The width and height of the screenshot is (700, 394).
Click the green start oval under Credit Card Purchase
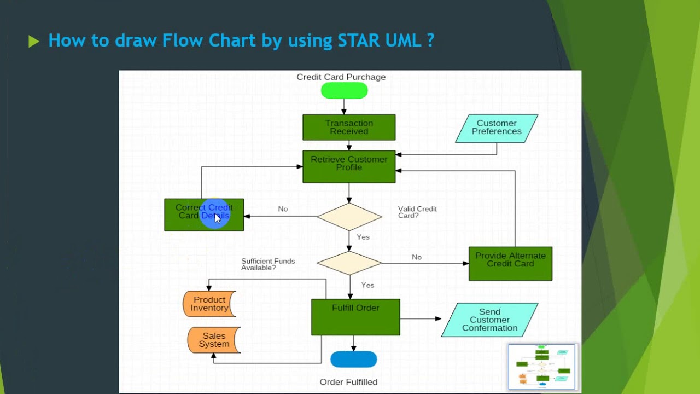pos(344,91)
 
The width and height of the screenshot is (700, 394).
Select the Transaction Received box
pos(349,128)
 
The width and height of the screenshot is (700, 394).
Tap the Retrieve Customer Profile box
pos(349,166)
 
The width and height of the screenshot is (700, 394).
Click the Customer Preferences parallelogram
pos(497,128)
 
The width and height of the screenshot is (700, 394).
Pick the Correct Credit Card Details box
pos(204,215)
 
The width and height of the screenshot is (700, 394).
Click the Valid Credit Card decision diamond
pos(349,217)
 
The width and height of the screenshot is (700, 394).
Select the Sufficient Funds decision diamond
pos(349,263)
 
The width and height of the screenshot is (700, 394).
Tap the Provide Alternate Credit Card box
pos(510,263)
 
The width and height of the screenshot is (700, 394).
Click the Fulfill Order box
pos(355,317)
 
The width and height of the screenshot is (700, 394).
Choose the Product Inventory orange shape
pos(209,304)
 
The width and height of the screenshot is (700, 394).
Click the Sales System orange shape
pos(214,340)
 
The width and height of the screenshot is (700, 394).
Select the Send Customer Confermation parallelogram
pos(489,320)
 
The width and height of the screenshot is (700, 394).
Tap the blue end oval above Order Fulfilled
pos(354,360)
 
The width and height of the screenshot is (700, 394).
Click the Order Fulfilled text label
pos(348,382)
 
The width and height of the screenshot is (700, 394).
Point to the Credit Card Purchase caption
pos(341,77)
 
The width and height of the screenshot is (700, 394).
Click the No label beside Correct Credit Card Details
pos(283,209)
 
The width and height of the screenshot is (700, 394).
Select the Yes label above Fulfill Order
pos(367,285)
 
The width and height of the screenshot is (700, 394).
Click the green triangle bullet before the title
pos(34,42)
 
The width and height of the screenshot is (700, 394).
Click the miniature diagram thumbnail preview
pos(542,367)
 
